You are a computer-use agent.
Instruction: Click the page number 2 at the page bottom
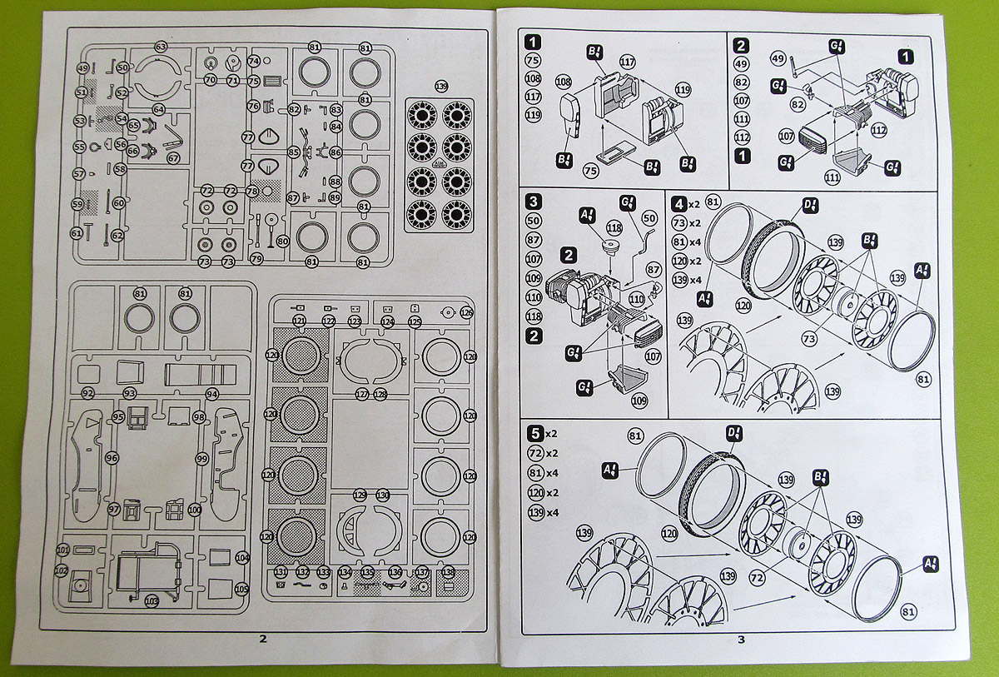click(x=263, y=639)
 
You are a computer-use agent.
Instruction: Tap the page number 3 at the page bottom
click(x=740, y=639)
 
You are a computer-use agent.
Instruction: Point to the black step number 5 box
click(x=536, y=433)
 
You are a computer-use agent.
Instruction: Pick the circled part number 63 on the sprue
click(x=161, y=47)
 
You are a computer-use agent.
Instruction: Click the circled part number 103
click(x=152, y=600)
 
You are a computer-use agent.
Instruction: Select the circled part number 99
click(x=201, y=459)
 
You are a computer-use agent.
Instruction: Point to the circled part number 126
click(x=466, y=313)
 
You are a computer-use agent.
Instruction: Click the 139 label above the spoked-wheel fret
click(x=441, y=87)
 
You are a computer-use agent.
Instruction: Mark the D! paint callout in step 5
click(x=735, y=433)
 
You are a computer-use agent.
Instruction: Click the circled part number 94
click(x=211, y=393)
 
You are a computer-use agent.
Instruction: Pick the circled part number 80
click(x=283, y=241)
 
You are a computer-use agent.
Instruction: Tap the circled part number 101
click(x=63, y=550)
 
